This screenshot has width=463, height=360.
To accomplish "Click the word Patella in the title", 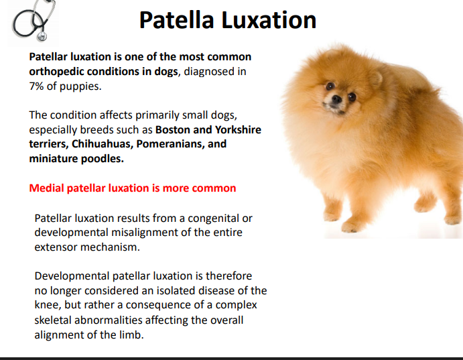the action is point(176,20).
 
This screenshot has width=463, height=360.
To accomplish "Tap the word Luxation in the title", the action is point(269,20).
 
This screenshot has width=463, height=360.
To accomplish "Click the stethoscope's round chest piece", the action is point(42,36).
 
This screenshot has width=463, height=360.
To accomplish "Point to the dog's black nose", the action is point(336,99).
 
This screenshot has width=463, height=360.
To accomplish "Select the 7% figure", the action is point(36,86).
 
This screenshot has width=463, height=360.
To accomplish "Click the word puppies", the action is point(80,86).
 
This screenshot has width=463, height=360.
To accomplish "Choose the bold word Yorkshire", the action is point(238,129).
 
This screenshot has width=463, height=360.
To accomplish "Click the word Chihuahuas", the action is point(103,144).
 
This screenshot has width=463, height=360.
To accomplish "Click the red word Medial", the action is point(46,188).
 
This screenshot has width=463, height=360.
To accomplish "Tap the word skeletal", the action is point(52,320).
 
